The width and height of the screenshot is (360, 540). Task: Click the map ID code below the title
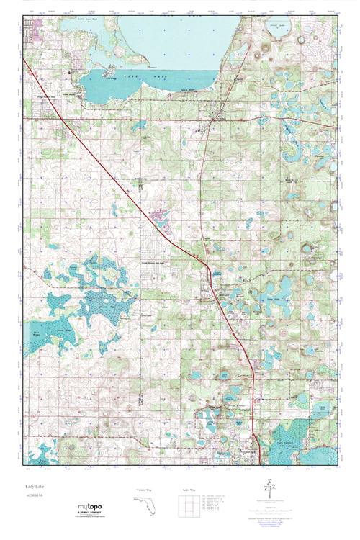[33, 497]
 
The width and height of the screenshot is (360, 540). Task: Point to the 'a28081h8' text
[33, 497]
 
